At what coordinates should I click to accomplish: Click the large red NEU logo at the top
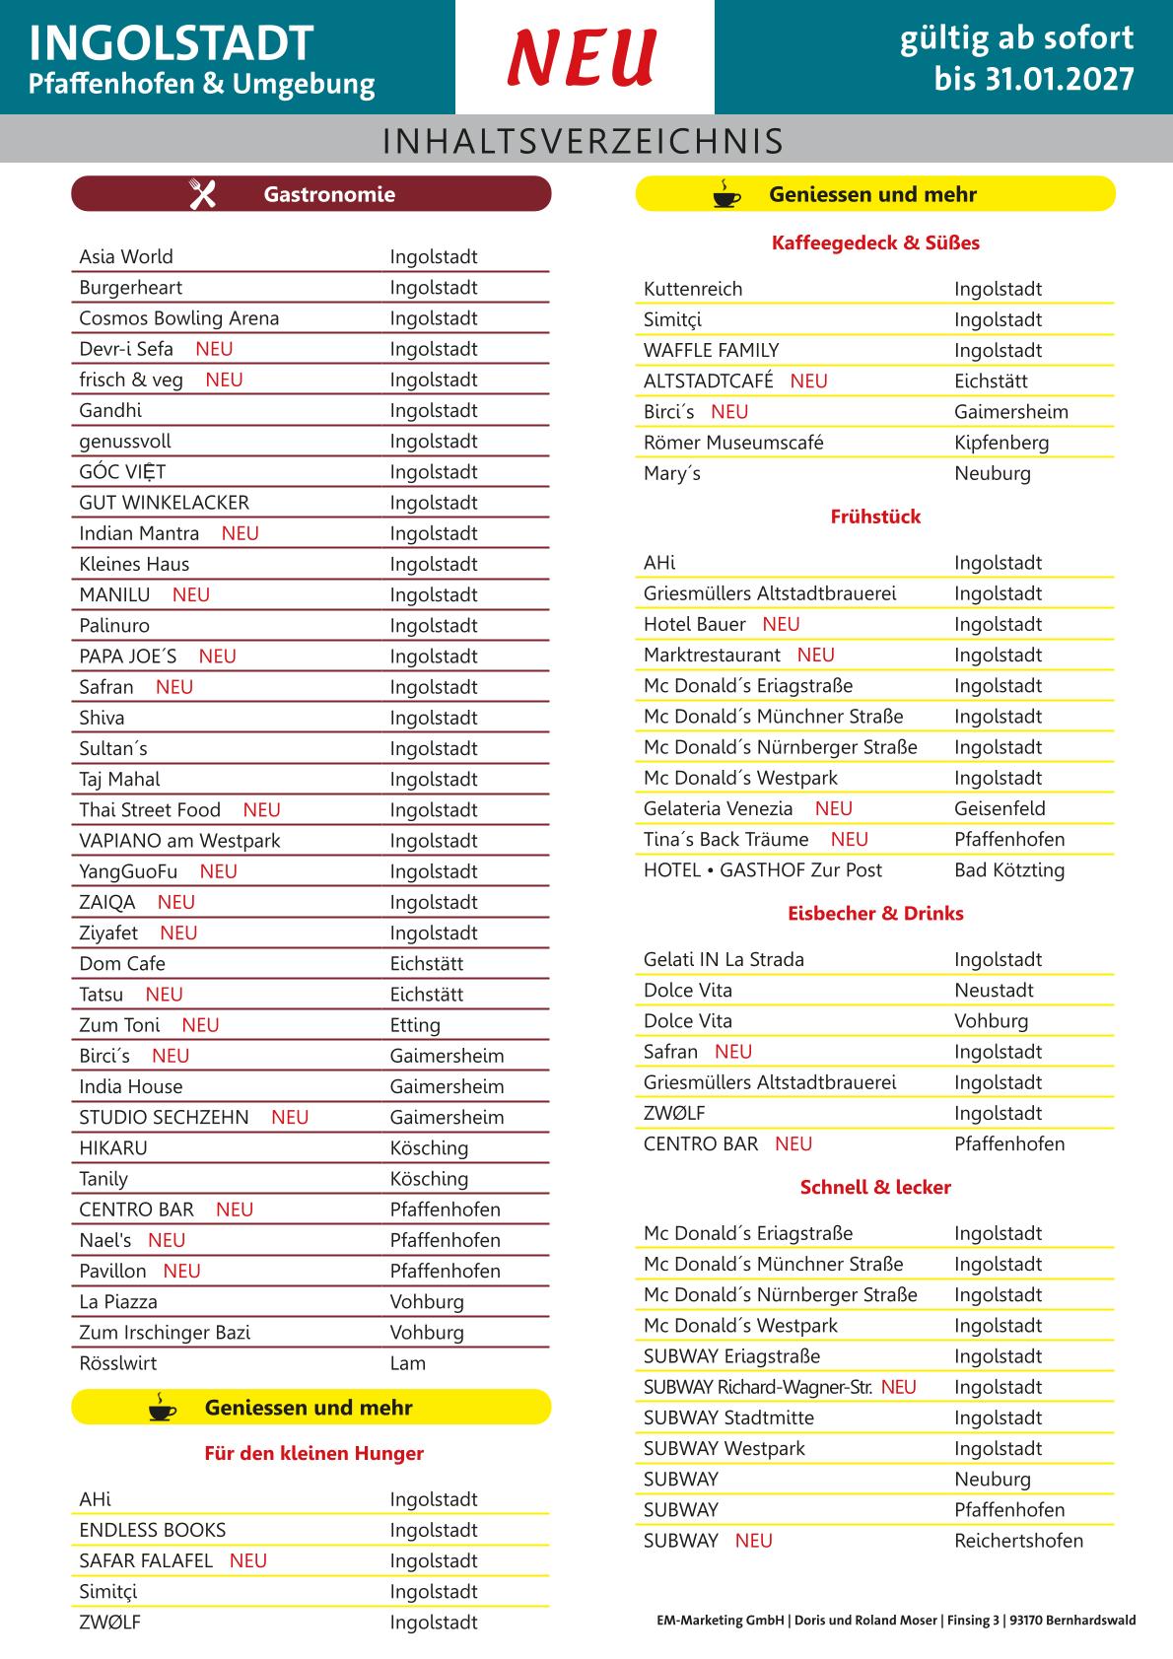[583, 57]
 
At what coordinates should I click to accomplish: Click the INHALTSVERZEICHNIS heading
[584, 141]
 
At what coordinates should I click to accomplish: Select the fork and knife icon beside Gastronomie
[202, 194]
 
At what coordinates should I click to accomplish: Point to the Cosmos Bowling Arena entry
[178, 318]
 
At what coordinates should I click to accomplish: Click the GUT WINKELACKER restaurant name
[164, 503]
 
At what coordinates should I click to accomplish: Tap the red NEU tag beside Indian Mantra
[240, 533]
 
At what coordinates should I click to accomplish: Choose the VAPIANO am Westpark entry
[179, 841]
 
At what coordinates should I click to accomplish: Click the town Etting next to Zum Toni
[415, 1025]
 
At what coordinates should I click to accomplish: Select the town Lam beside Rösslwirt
[408, 1363]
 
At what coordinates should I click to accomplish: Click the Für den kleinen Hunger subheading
[313, 1453]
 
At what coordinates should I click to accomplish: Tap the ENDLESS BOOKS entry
[152, 1530]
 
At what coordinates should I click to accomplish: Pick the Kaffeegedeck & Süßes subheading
[875, 242]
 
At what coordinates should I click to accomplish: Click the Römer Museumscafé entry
[733, 443]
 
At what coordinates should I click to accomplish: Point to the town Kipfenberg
[1001, 443]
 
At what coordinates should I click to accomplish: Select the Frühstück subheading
[875, 517]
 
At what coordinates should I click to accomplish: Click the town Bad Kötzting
[1009, 870]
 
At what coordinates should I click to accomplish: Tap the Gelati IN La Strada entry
[724, 960]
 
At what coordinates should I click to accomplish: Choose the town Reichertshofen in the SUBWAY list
[1018, 1541]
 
